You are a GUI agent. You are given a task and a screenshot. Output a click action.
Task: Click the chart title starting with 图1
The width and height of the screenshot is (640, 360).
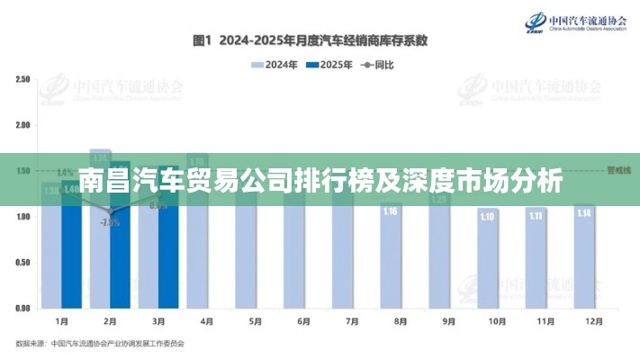pos(310,40)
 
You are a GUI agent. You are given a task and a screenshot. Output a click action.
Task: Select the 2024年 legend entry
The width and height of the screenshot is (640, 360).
pos(275,65)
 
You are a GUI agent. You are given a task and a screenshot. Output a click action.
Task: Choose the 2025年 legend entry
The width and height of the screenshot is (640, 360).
pos(329,65)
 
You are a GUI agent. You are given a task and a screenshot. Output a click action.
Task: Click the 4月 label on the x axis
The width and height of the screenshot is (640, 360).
pos(206,320)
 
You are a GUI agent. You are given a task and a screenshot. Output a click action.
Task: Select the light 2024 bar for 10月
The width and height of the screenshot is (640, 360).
pos(487,261)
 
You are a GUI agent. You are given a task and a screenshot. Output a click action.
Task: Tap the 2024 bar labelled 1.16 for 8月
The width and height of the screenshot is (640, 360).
pos(390,261)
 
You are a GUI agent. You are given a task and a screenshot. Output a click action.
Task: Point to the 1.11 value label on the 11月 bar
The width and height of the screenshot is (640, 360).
pos(536,216)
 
